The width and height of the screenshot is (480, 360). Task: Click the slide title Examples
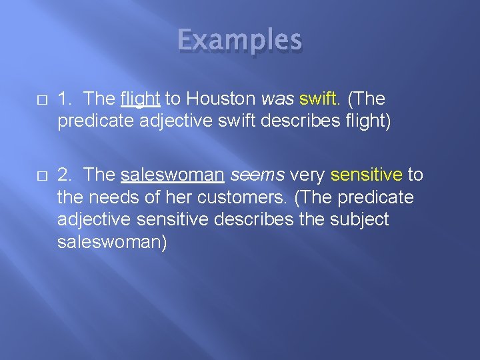[239, 41]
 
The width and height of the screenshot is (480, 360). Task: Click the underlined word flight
[140, 99]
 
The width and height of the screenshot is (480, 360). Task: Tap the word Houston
[220, 99]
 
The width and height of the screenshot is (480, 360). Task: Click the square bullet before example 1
[41, 99]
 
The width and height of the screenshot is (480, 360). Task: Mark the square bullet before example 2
[41, 175]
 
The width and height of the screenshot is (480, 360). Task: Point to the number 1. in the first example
[65, 99]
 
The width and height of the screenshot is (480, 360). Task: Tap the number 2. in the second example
[65, 175]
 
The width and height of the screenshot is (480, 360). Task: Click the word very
[306, 175]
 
